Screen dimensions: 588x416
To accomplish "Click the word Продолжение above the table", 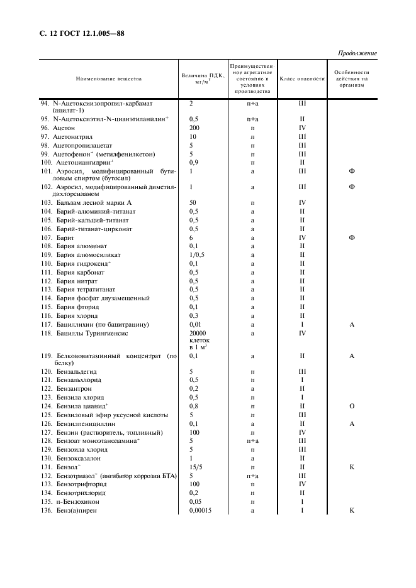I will (x=357, y=53).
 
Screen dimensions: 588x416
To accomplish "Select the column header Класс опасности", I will (x=301, y=79).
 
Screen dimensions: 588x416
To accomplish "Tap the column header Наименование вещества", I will (x=109, y=79).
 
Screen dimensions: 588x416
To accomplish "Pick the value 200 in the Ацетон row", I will (x=194, y=128).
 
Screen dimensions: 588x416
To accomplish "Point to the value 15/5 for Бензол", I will (x=196, y=467).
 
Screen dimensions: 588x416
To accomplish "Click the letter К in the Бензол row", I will (x=352, y=467).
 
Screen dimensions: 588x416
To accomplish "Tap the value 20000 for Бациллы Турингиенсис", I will (x=198, y=333).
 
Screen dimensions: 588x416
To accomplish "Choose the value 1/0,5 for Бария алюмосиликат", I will (x=198, y=255).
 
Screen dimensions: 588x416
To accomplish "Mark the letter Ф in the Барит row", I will (x=352, y=238).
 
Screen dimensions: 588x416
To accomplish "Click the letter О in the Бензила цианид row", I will (x=352, y=406).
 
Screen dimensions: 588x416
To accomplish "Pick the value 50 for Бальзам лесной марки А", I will (x=193, y=203).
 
